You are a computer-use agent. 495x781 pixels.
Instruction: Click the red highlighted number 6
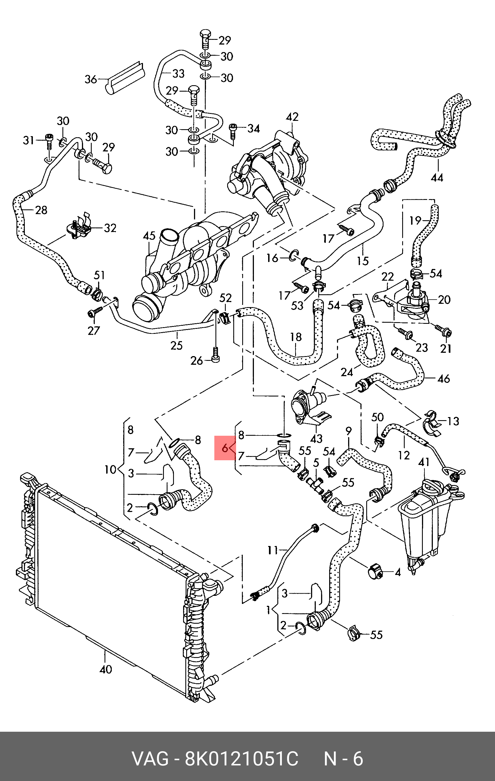click(225, 449)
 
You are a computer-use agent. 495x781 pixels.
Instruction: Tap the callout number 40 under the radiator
click(105, 669)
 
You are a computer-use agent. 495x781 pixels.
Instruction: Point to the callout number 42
click(292, 117)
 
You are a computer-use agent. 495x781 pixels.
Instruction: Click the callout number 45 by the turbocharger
click(149, 236)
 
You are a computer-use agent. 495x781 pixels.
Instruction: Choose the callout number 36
click(91, 79)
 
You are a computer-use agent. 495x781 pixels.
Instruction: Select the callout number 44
click(437, 178)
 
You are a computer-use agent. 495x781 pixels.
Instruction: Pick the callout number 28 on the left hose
click(41, 210)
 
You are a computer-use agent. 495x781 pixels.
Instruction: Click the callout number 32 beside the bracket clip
click(110, 228)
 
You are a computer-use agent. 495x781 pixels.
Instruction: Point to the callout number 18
click(295, 337)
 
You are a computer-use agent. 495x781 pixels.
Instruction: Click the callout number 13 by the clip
click(453, 421)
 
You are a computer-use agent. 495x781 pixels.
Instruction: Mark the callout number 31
click(28, 140)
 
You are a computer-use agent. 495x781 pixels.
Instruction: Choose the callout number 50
click(377, 417)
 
